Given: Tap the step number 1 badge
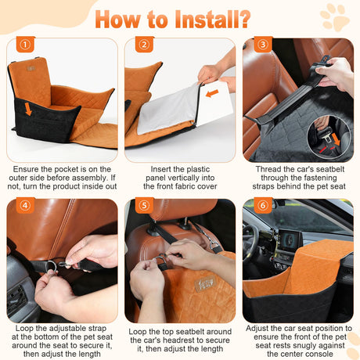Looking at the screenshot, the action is click(x=25, y=45).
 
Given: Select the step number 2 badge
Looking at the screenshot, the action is click(x=144, y=45).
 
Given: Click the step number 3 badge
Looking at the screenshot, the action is click(x=263, y=45).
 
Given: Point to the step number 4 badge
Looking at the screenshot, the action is click(x=25, y=205).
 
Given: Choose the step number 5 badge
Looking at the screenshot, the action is click(x=144, y=205).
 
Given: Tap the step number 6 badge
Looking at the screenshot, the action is click(x=263, y=205).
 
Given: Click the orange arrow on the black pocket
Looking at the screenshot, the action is click(x=28, y=109).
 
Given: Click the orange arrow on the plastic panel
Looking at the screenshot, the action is click(x=212, y=93).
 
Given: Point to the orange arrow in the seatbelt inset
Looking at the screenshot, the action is click(x=337, y=139).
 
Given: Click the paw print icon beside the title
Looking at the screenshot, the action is click(x=334, y=17).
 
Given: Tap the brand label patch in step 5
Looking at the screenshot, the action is click(x=205, y=283).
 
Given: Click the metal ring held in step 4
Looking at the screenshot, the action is click(x=51, y=266).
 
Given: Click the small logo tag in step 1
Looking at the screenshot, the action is click(x=31, y=69).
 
